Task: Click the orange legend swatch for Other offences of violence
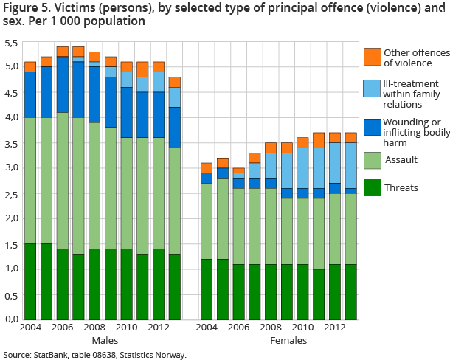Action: (372, 57)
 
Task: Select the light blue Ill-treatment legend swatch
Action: (372, 89)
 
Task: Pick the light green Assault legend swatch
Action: (372, 159)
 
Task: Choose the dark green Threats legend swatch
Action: (372, 188)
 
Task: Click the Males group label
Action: (105, 341)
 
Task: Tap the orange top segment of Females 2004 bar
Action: (206, 168)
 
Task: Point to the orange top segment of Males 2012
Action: (159, 66)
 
